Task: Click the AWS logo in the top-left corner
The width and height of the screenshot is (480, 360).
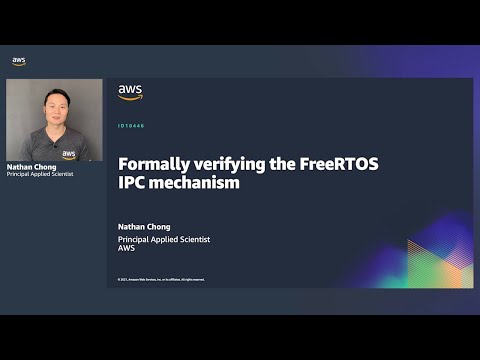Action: point(19,61)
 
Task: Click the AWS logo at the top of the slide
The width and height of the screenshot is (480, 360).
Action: point(130,92)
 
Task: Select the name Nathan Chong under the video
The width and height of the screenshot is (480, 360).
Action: point(29,167)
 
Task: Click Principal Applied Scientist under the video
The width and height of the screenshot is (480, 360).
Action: point(40,175)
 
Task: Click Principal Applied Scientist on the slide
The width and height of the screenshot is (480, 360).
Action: point(164,240)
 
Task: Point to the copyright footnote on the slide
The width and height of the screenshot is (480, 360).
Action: point(161,279)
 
